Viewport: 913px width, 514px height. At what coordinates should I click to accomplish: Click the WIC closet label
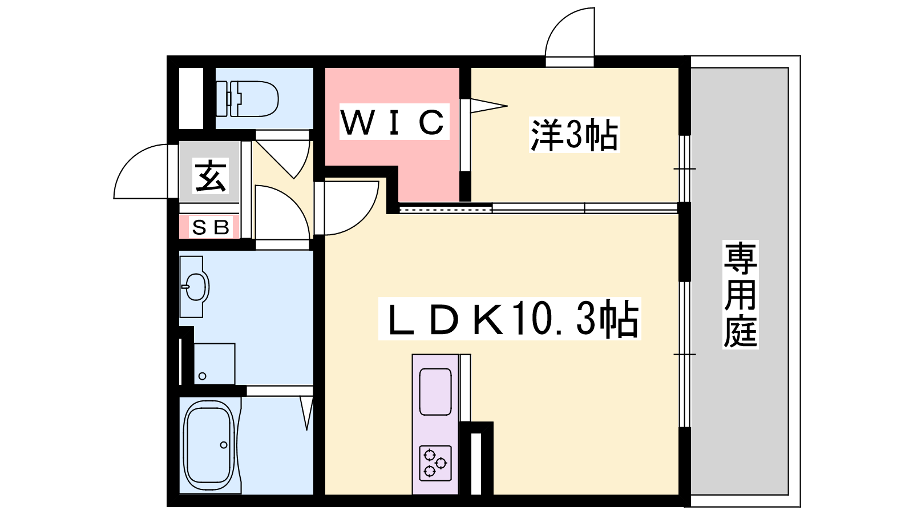394,122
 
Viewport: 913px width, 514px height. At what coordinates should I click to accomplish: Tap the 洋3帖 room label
574,135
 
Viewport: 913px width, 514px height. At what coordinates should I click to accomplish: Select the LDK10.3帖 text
510,318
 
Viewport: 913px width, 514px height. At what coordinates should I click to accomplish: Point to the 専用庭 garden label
740,294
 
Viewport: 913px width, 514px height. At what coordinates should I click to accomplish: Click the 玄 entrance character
211,176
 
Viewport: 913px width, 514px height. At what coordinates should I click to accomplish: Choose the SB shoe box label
210,227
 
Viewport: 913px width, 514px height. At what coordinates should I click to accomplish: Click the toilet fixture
247,99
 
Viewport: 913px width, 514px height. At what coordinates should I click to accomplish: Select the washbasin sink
195,286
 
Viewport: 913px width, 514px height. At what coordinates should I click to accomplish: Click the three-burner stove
435,463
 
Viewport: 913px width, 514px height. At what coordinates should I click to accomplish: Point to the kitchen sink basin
435,392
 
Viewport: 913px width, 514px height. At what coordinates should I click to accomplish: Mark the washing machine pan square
215,364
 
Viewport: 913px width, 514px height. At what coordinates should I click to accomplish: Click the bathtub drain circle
223,445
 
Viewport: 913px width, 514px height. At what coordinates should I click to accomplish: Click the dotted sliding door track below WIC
446,210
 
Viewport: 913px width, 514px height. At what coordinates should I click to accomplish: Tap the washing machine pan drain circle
202,376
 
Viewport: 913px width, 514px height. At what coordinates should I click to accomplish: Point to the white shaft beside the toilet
191,98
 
